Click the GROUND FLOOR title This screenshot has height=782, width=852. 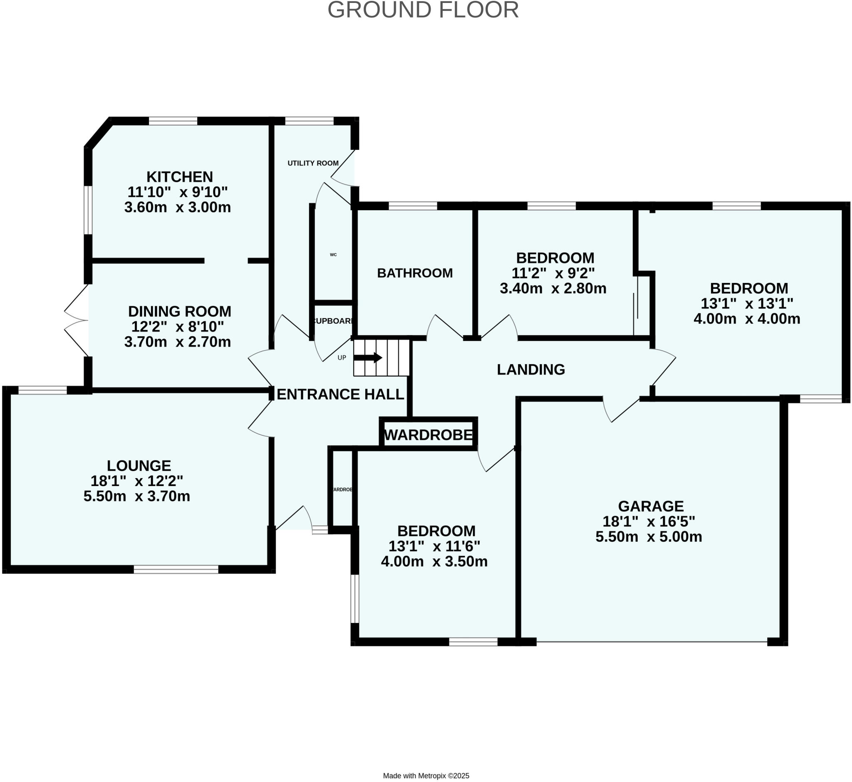423,10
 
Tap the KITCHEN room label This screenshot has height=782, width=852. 179,176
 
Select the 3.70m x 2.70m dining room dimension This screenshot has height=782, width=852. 178,342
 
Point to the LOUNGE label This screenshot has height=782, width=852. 139,465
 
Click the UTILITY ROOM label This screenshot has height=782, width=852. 313,163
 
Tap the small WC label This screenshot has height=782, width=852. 333,255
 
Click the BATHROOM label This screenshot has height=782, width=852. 415,273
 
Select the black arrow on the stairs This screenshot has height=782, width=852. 368,357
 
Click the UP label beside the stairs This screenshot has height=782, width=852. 342,357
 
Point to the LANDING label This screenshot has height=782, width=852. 530,370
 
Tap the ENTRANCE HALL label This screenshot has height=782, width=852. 340,394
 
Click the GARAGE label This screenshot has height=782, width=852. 651,506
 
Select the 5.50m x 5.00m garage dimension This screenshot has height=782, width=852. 649,536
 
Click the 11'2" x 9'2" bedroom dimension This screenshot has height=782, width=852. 553,273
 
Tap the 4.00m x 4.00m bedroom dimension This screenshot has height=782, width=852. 747,319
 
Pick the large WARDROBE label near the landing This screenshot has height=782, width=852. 428,434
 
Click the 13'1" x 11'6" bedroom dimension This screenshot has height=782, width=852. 434,546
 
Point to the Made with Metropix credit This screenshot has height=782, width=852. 426,776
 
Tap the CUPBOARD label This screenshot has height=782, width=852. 333,321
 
